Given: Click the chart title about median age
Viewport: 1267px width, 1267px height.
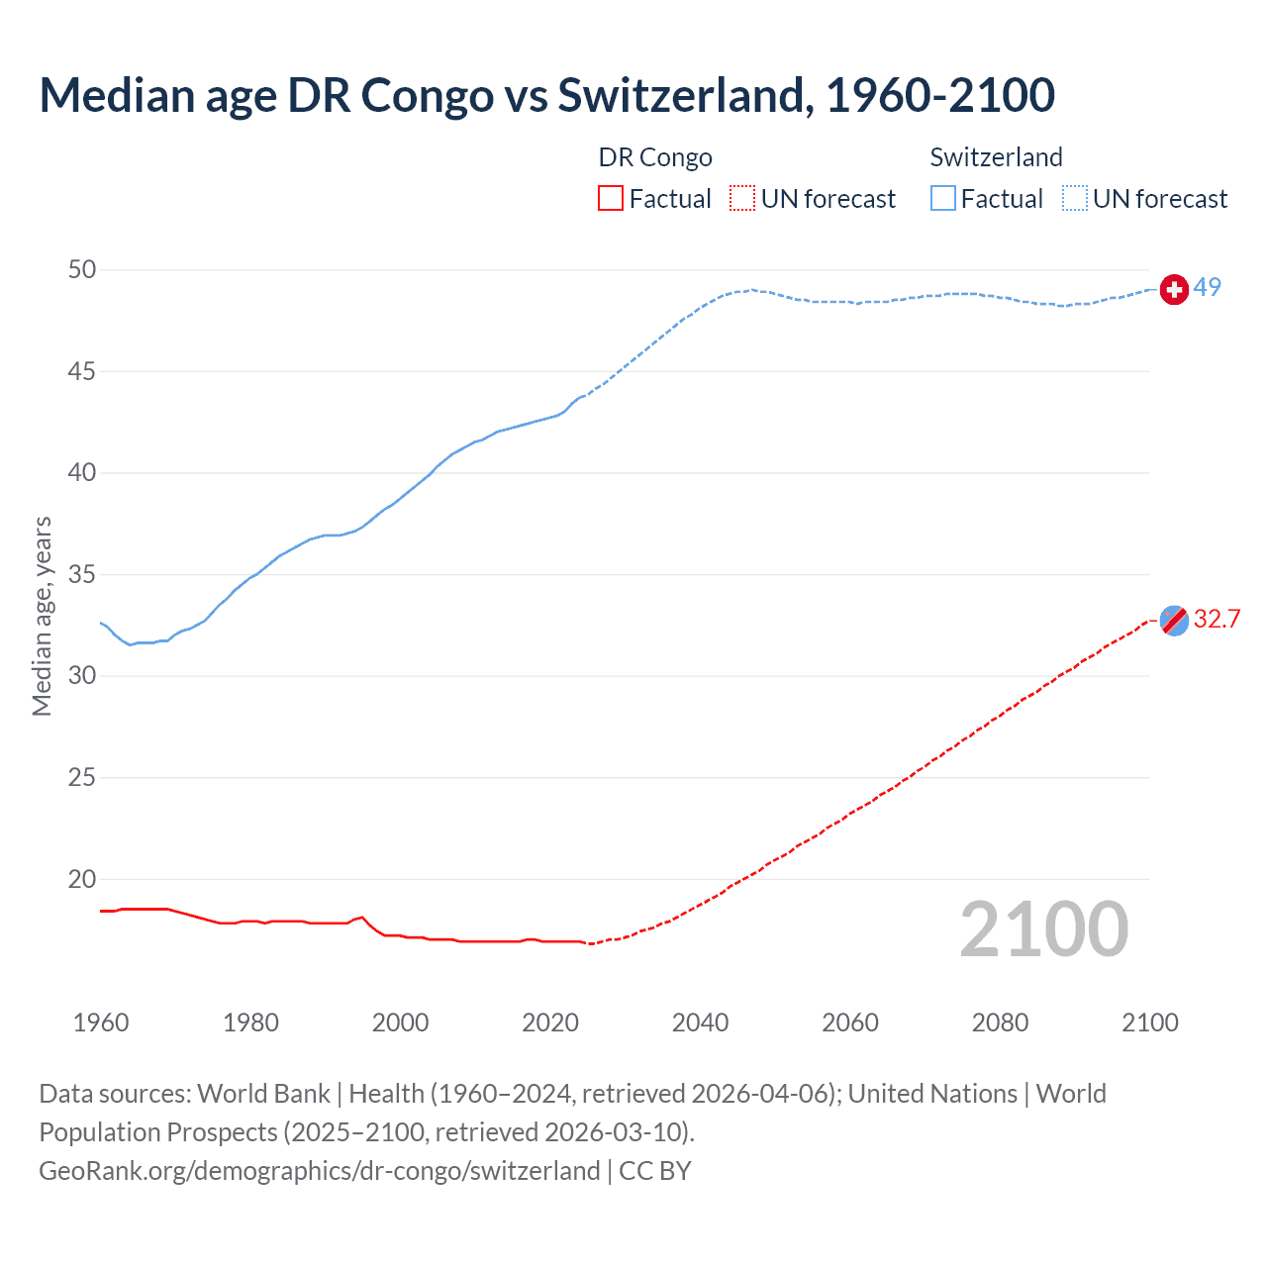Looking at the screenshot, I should [546, 95].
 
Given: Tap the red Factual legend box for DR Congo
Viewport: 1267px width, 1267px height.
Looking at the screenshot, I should [611, 199].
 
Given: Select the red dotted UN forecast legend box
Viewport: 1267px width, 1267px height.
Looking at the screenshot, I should [742, 199].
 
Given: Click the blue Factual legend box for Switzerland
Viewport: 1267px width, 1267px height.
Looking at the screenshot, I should [943, 199].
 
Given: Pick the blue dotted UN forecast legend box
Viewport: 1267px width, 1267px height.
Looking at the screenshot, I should [1075, 199].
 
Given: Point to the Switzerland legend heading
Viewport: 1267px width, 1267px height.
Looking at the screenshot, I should [996, 157].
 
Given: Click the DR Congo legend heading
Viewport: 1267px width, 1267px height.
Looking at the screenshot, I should [655, 157].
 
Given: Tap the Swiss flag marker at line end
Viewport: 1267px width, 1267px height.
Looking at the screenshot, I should [1174, 289].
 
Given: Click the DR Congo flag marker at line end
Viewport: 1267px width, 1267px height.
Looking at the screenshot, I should [1174, 621].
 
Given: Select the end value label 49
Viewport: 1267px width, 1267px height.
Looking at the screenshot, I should [1208, 288].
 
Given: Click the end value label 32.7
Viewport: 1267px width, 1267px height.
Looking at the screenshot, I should [1217, 620].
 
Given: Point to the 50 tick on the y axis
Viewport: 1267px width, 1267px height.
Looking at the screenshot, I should [83, 270].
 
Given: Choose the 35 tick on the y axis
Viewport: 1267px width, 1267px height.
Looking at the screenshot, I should [83, 575].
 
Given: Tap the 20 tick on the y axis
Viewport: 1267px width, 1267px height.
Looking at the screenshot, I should [83, 879].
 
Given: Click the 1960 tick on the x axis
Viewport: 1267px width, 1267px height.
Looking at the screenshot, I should [101, 1023].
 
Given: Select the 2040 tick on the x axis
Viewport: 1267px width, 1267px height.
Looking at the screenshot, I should [701, 1023].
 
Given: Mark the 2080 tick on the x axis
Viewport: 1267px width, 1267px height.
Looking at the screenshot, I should [1000, 1023].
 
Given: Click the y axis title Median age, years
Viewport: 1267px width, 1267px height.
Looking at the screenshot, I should [42, 616].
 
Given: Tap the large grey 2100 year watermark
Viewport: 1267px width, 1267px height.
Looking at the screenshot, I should [1044, 929].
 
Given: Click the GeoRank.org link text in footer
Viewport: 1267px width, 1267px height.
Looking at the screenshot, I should [320, 1171].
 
